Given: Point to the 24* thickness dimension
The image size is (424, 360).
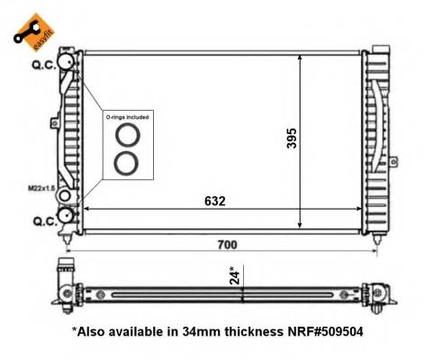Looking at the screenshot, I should [233, 274].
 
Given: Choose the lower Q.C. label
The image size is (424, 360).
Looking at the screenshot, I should [42, 219].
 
